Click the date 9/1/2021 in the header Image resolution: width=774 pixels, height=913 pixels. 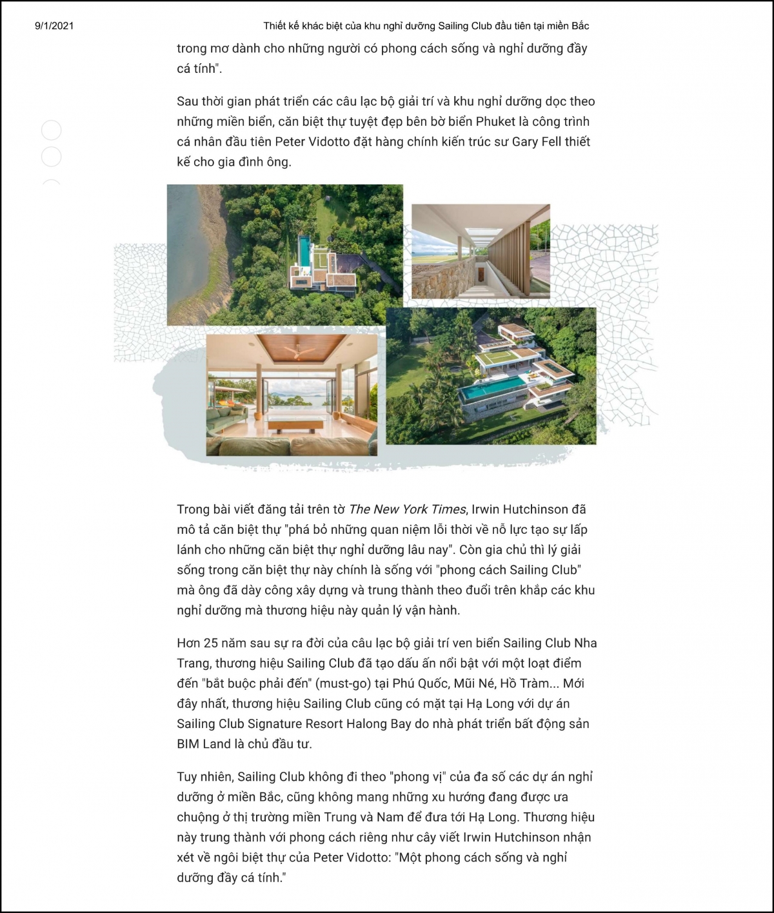[x=54, y=26]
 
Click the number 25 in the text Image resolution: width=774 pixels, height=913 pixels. [x=211, y=643]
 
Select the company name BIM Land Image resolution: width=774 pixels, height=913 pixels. [x=204, y=744]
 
